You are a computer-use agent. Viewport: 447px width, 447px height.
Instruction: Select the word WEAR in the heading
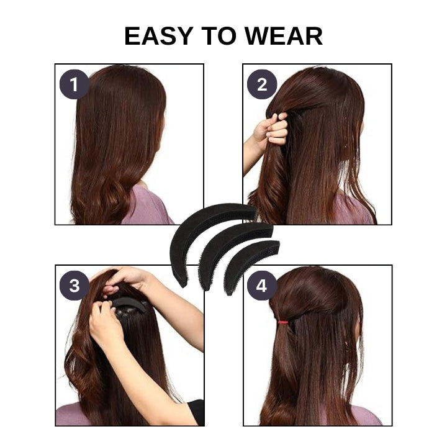coord(284,36)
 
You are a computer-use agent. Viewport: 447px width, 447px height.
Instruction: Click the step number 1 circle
coord(74,84)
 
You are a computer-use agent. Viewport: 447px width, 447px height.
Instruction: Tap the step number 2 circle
coord(262,84)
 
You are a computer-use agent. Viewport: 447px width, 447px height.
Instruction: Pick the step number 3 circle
coord(74,286)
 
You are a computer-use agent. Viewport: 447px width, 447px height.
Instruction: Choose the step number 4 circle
coord(262,286)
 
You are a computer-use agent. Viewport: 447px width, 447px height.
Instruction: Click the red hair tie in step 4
coord(283,322)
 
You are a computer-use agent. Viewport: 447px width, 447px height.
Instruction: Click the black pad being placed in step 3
coord(129,303)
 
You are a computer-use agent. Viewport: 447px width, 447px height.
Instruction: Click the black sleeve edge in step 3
coord(197,411)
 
